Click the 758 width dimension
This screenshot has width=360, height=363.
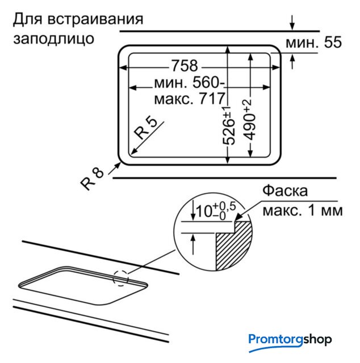[x=185, y=66]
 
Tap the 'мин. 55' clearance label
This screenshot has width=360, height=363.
[x=313, y=42]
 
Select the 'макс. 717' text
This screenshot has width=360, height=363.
[x=190, y=99]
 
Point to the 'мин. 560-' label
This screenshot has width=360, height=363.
[x=190, y=82]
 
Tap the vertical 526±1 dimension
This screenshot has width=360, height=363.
[x=229, y=126]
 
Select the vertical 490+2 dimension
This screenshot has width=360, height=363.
[x=249, y=120]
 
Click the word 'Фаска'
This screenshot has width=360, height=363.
[x=285, y=191]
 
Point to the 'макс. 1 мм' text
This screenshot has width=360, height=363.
[x=303, y=210]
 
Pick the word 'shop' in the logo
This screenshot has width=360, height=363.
[x=317, y=340]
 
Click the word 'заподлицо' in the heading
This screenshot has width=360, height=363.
[x=53, y=39]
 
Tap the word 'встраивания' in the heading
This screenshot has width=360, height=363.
[x=95, y=19]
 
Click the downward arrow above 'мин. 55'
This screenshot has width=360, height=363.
[x=292, y=23]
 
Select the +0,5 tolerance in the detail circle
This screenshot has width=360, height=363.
[x=224, y=206]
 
